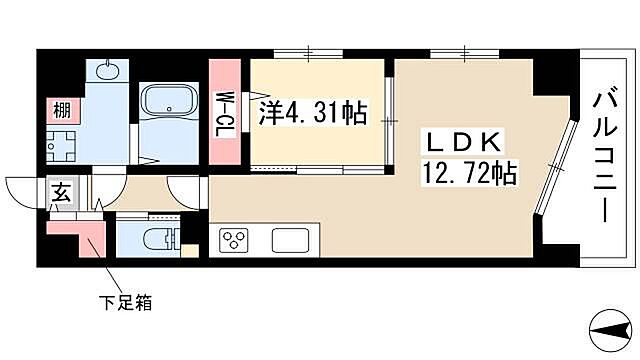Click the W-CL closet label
click(x=225, y=113)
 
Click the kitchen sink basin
click(x=291, y=241)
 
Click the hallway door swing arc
click(x=185, y=190)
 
